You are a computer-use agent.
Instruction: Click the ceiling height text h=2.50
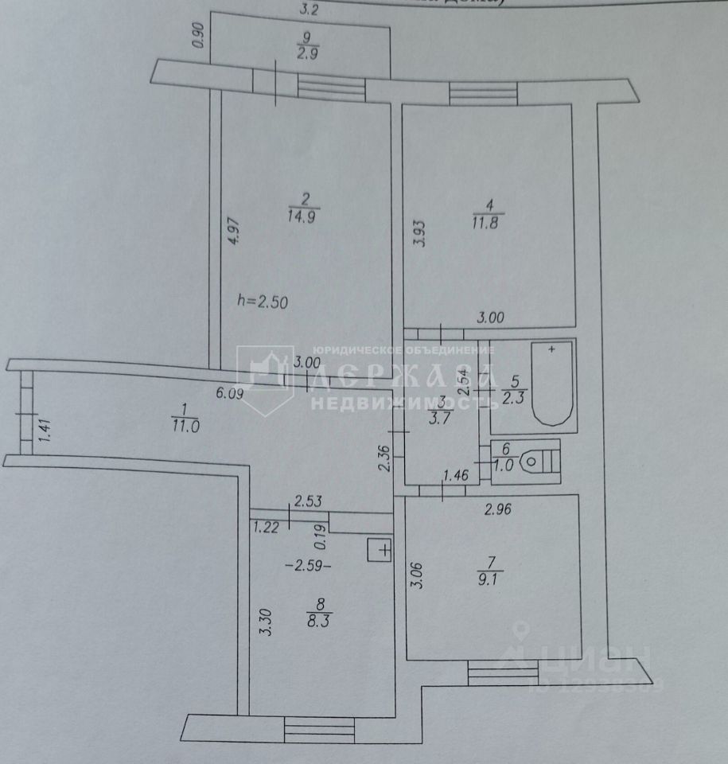(x=262, y=302)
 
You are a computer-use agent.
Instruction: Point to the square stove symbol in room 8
(x=380, y=549)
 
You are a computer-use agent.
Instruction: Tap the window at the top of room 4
(x=483, y=94)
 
